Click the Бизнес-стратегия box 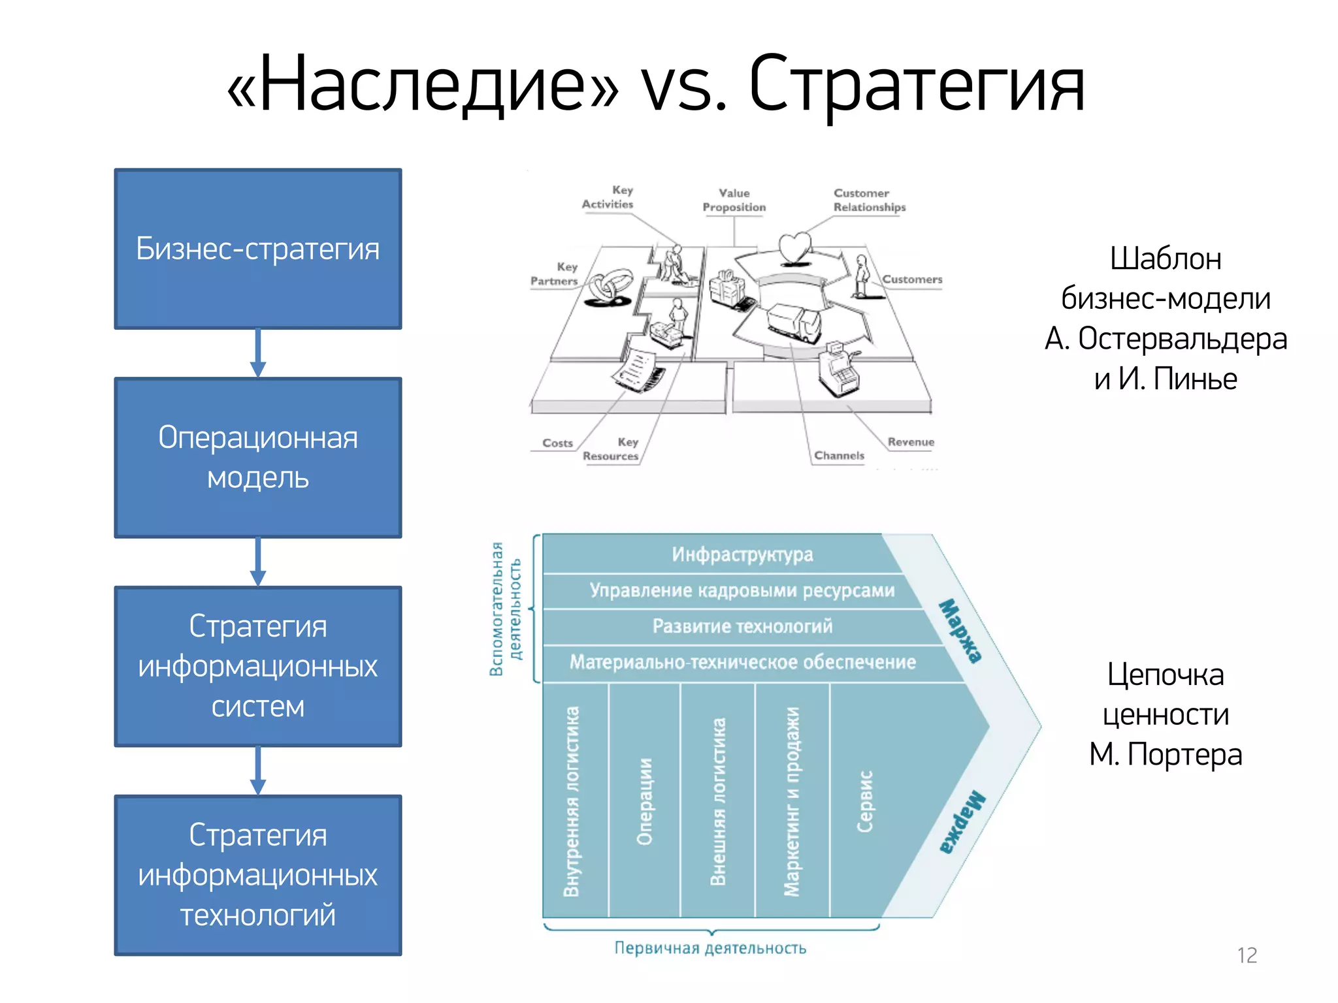[257, 249]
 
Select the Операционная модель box [257, 457]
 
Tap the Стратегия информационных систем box [257, 666]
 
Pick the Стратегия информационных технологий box [257, 875]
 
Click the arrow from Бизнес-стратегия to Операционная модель [258, 353]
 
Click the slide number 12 [1247, 955]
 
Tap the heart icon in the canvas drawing [795, 248]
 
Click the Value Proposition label [734, 200]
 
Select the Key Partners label [555, 274]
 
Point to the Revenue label [911, 442]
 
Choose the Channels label [839, 455]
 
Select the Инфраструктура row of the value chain [742, 554]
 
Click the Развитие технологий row [742, 626]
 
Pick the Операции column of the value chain [644, 801]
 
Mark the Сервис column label [864, 801]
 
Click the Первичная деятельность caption [710, 947]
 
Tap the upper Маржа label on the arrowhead [960, 631]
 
